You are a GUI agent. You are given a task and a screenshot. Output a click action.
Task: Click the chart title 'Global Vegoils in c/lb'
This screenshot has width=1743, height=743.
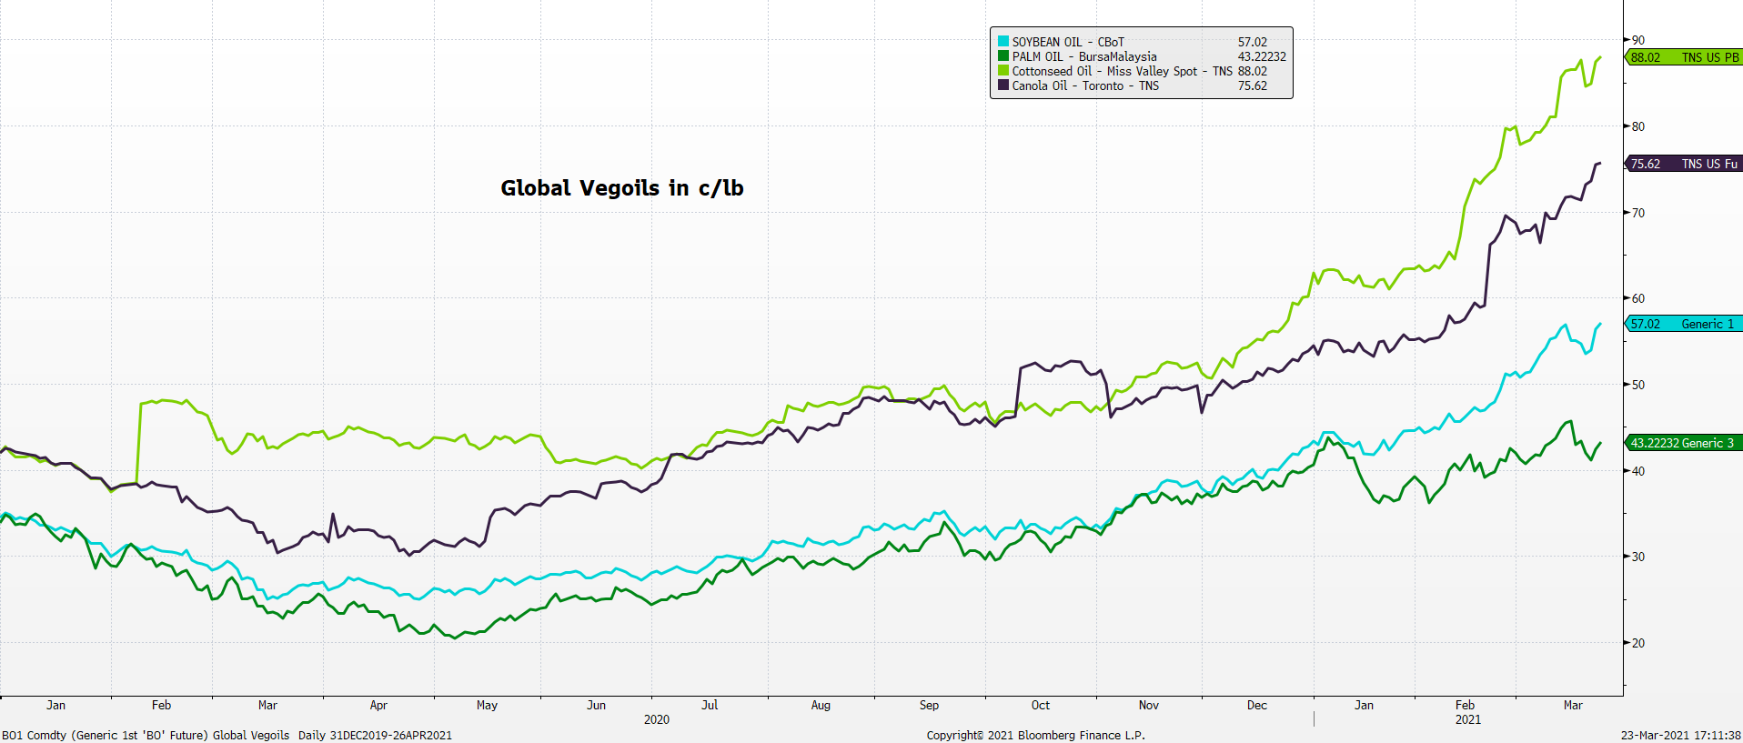pyautogui.click(x=622, y=188)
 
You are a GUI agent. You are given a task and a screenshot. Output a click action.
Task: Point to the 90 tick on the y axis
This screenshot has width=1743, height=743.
pyautogui.click(x=1637, y=40)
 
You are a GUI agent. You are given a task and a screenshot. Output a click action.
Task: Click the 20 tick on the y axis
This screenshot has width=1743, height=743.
pyautogui.click(x=1637, y=643)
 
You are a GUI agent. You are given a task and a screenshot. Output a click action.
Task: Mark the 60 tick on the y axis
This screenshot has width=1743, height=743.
pyautogui.click(x=1637, y=298)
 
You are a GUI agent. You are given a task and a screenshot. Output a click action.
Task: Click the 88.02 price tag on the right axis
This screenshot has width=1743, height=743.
pyautogui.click(x=1683, y=57)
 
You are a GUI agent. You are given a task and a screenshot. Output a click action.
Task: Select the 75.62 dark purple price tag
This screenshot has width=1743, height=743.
pyautogui.click(x=1683, y=164)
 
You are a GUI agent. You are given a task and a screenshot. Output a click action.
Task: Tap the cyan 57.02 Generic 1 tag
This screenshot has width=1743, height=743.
pyautogui.click(x=1683, y=324)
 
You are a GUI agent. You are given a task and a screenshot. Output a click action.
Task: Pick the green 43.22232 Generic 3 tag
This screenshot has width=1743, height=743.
pyautogui.click(x=1683, y=443)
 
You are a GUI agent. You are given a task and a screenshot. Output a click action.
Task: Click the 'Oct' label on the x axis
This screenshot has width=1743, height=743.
pyautogui.click(x=1041, y=705)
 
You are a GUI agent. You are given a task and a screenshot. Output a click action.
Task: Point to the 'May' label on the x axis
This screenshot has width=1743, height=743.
pyautogui.click(x=487, y=705)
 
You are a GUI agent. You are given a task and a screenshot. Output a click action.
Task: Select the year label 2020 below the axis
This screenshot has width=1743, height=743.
pyautogui.click(x=656, y=719)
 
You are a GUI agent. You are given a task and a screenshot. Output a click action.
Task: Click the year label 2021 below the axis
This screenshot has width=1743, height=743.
pyautogui.click(x=1467, y=719)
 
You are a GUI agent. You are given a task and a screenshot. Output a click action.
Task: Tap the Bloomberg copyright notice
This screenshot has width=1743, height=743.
pyautogui.click(x=1035, y=735)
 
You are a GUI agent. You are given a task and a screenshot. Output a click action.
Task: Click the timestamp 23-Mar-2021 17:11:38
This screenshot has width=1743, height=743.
pyautogui.click(x=1680, y=735)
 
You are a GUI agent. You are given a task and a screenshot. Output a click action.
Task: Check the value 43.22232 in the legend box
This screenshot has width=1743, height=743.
pyautogui.click(x=1262, y=56)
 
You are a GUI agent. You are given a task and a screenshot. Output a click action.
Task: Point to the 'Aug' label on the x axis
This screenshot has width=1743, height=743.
pyautogui.click(x=821, y=705)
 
